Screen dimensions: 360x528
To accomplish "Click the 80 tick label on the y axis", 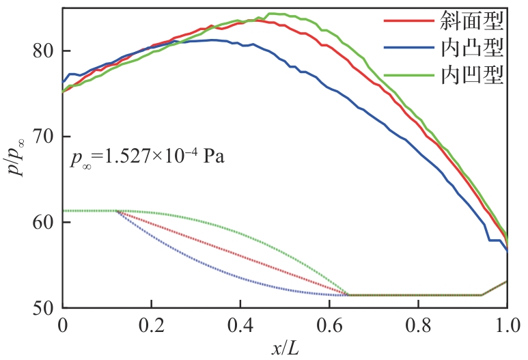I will pos(45,51).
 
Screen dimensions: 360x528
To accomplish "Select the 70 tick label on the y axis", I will pos(45,137).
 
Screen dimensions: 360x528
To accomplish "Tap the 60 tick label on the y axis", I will pos(45,222).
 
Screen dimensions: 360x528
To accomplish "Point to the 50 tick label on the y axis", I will pos(45,307).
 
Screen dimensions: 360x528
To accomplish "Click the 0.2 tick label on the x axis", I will pos(152,324).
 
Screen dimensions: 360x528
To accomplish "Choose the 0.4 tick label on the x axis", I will pos(240,324).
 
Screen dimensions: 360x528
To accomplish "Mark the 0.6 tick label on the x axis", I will pos(329,324).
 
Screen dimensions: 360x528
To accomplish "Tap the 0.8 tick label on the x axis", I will pos(418,324).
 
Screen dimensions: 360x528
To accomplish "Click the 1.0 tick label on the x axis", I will pos(505,324).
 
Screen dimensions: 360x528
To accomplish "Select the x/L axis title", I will pos(284,348).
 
